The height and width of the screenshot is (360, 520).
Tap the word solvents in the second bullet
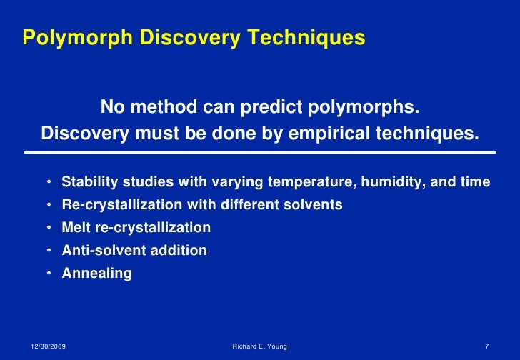[314, 205]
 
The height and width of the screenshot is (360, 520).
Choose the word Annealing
[96, 274]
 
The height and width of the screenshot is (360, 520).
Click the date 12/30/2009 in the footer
[49, 346]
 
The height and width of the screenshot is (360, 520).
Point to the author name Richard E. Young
[260, 346]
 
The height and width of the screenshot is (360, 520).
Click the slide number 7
[486, 346]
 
